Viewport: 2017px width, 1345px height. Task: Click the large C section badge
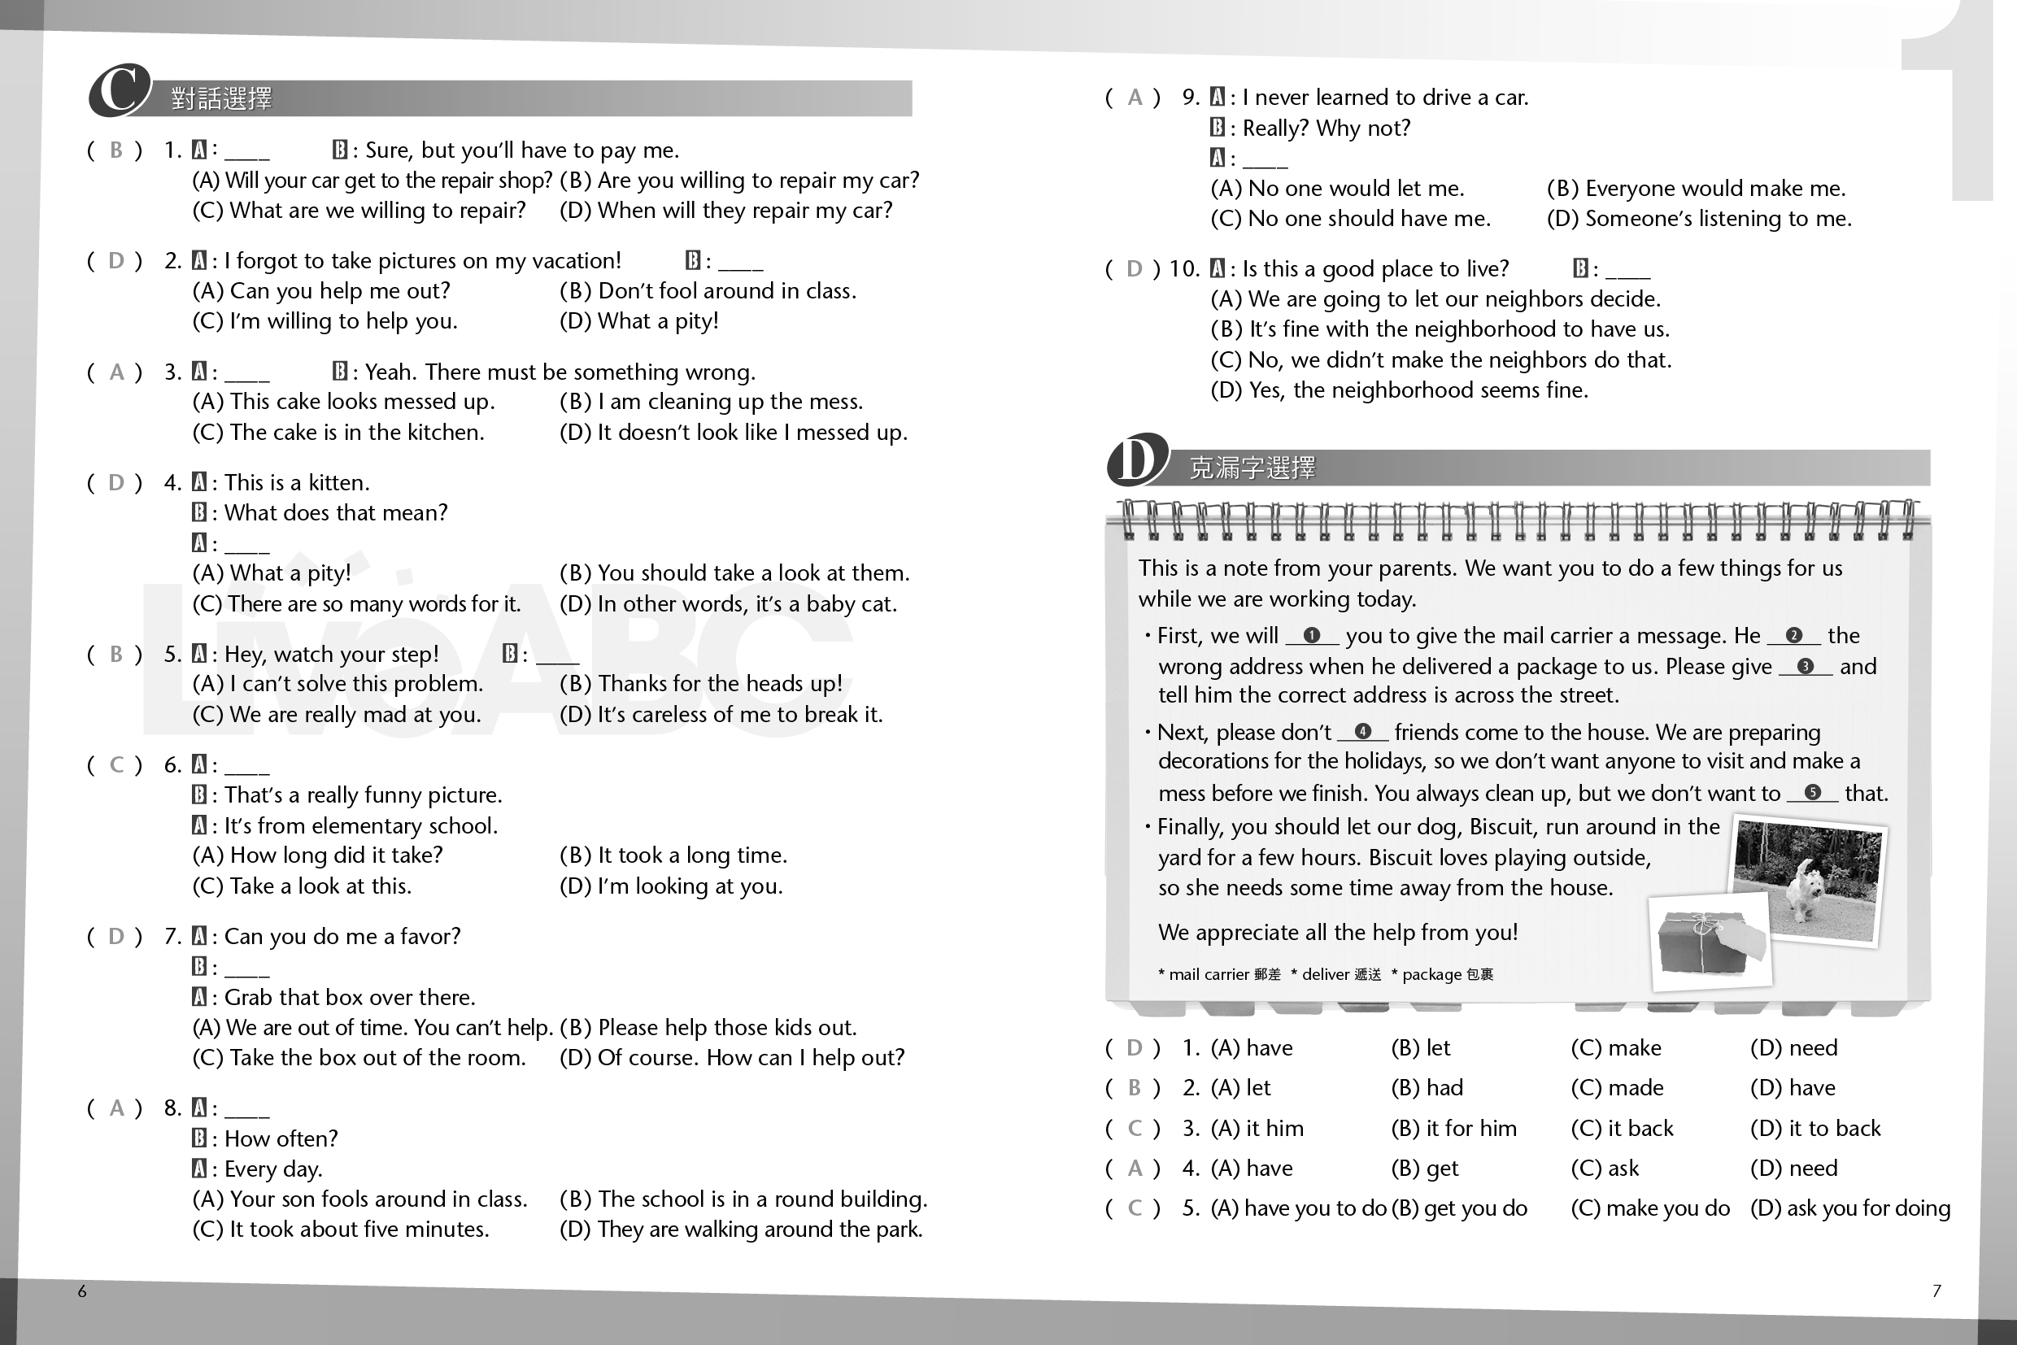coord(120,90)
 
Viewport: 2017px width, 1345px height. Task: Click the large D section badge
coord(1137,459)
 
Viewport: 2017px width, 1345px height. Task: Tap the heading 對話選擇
coord(221,98)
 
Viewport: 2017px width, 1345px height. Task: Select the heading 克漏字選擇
coord(1252,468)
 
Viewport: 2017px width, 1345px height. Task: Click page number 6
coord(82,1291)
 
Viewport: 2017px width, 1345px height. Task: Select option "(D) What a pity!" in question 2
coord(639,321)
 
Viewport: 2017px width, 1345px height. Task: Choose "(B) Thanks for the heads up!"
coord(701,684)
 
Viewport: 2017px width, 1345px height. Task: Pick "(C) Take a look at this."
coord(302,886)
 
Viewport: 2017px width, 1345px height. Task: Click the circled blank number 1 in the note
coord(1311,636)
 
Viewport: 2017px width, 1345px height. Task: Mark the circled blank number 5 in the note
coord(1812,793)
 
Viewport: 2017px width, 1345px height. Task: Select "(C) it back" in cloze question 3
coord(1622,1128)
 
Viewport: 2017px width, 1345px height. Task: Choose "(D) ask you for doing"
coord(1849,1208)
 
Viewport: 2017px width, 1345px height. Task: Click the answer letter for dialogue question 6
coord(116,764)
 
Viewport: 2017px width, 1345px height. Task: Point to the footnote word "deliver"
coord(1326,974)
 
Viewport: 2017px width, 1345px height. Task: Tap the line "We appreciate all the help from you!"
coord(1338,933)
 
